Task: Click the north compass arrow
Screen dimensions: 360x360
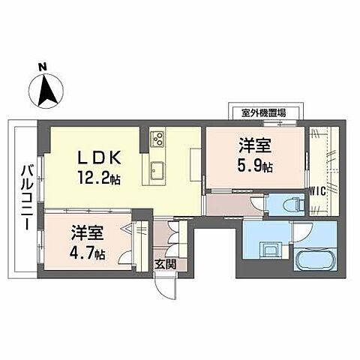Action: coord(46,91)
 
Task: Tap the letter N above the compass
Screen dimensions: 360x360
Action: coord(43,67)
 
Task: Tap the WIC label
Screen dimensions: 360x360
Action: coord(318,190)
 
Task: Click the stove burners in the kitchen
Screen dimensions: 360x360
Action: coord(160,139)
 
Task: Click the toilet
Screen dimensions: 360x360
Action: coord(293,203)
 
